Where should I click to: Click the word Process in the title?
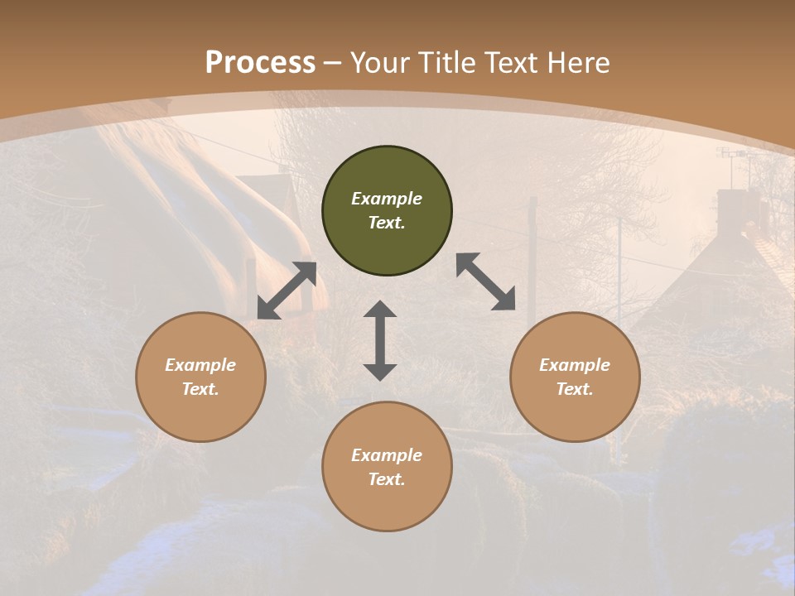pyautogui.click(x=260, y=63)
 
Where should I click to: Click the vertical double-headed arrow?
pyautogui.click(x=380, y=341)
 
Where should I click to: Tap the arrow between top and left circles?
pyautogui.click(x=287, y=291)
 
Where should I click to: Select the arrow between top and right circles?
pyautogui.click(x=486, y=282)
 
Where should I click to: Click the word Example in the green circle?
pyautogui.click(x=387, y=199)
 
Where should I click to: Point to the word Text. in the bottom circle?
pyautogui.click(x=387, y=479)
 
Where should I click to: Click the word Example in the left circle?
pyautogui.click(x=200, y=365)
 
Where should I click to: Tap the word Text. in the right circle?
pyautogui.click(x=575, y=389)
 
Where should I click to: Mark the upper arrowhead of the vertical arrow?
pyautogui.click(x=380, y=310)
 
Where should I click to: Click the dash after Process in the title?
pyautogui.click(x=333, y=63)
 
